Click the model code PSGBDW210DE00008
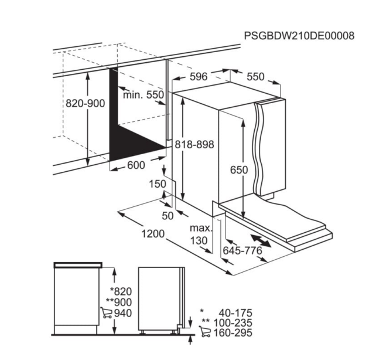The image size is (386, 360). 299,36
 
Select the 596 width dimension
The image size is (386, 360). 199,76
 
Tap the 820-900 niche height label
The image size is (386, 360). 85,103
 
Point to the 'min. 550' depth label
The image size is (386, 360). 144,94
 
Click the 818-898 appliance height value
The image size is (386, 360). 194,144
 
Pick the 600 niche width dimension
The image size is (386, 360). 136,165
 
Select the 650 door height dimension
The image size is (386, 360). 239,170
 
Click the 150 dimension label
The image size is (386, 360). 158,184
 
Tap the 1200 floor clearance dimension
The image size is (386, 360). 153,233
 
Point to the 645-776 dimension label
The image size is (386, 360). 242,250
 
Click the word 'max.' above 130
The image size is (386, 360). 201,229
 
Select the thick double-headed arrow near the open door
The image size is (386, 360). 261,241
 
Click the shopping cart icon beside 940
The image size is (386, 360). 107,313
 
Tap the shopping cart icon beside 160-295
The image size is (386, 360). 205,332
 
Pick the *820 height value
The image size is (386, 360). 121,291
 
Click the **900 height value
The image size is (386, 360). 119,302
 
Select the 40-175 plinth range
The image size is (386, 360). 235,313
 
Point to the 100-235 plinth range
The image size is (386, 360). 233,323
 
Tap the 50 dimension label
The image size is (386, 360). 168,216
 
